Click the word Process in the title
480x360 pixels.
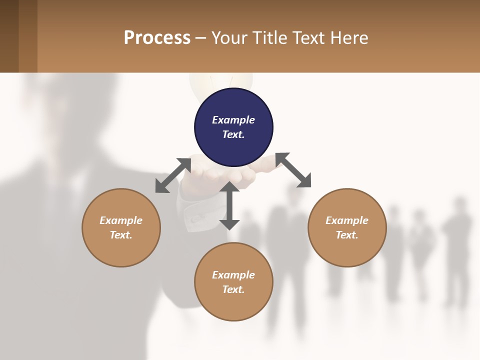(x=157, y=38)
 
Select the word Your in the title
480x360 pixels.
(x=228, y=38)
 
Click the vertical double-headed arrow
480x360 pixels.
(x=229, y=205)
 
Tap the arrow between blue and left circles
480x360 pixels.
(x=173, y=175)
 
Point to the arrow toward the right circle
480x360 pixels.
(x=293, y=170)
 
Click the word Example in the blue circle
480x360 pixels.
(x=233, y=120)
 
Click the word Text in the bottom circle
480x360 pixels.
(x=233, y=289)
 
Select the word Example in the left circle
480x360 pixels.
(x=121, y=220)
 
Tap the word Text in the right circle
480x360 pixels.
(x=346, y=235)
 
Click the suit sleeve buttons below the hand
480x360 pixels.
(x=195, y=218)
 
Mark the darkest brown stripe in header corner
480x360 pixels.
(x=9, y=36)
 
